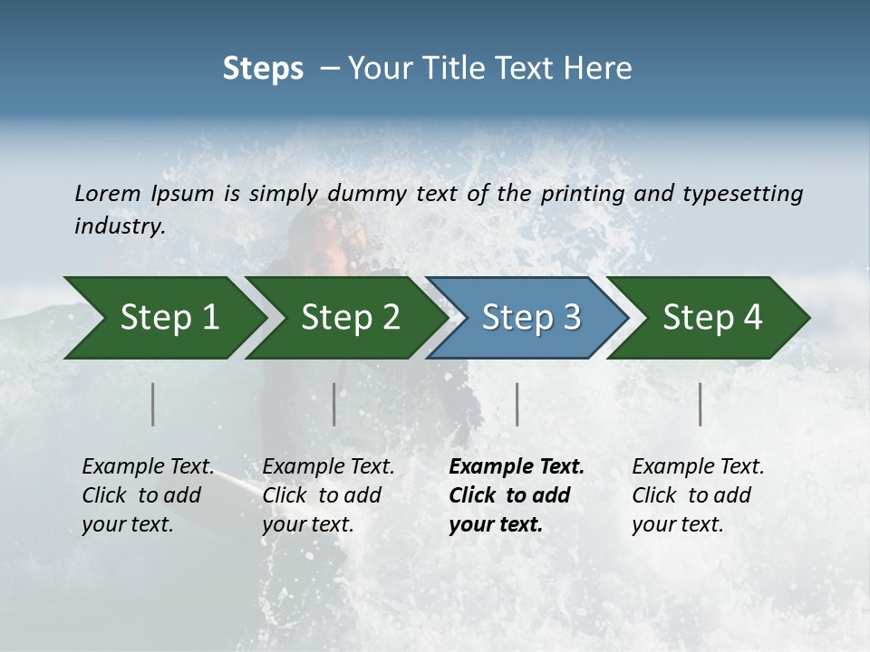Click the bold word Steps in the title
point(263,69)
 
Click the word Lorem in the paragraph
point(108,193)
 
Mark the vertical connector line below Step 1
point(153,404)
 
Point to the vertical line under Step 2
point(334,404)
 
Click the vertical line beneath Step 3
point(517,404)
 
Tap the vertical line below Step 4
point(701,404)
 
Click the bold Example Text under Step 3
point(517,467)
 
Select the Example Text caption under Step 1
point(148,467)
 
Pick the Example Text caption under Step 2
point(328,467)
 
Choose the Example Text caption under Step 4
point(698,467)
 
